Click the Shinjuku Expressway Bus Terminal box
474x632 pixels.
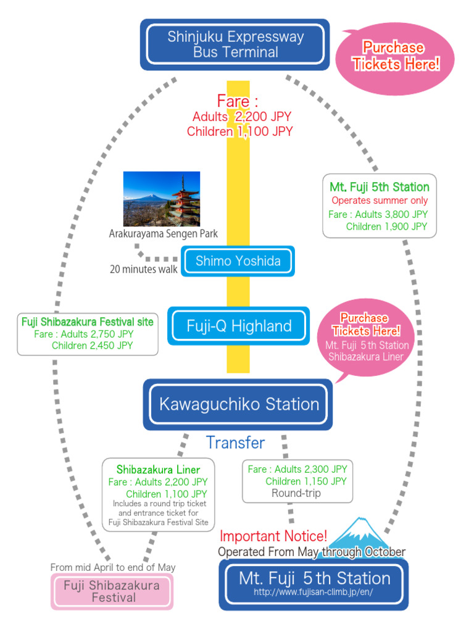(x=235, y=44)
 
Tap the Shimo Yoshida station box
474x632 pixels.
(x=238, y=261)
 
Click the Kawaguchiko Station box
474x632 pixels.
(x=238, y=405)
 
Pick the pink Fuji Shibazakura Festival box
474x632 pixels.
(x=112, y=591)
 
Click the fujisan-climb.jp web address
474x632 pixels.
(x=314, y=592)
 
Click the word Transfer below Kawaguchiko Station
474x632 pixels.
(x=235, y=443)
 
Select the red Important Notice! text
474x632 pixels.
(x=273, y=536)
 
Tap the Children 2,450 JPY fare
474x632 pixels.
(x=92, y=346)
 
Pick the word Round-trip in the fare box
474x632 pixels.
(x=296, y=493)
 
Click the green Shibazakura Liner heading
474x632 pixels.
(x=158, y=470)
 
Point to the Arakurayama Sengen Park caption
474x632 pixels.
(x=163, y=234)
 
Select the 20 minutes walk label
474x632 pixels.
(x=143, y=269)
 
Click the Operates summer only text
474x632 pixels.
(x=380, y=201)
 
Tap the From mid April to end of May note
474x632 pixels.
(x=113, y=567)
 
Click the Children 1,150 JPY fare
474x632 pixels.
(x=306, y=481)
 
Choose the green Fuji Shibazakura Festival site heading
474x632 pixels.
(x=88, y=322)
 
